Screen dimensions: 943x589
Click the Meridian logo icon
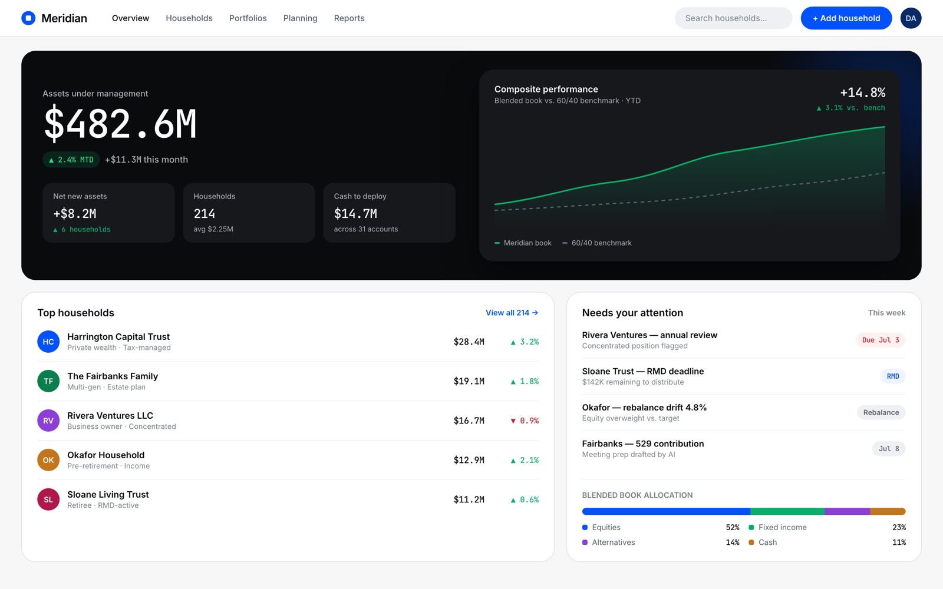[x=28, y=18]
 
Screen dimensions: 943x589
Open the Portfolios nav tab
[x=248, y=18]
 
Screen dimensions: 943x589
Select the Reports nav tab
[x=349, y=18]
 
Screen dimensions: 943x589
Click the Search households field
[x=733, y=18]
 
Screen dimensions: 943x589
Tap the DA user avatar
[x=911, y=18]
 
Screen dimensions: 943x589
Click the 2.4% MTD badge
[x=71, y=160]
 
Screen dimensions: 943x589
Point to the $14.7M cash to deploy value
[x=355, y=214]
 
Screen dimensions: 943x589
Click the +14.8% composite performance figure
[x=863, y=92]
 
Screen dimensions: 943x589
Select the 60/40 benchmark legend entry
[x=597, y=243]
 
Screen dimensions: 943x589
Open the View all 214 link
[x=512, y=313]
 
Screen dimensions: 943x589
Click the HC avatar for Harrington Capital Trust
[x=48, y=342]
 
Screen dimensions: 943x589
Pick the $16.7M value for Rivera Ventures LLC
[x=469, y=421]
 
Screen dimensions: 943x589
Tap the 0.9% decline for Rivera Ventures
[x=525, y=421]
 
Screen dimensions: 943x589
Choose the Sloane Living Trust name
[x=108, y=494]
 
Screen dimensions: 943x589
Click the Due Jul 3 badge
[x=881, y=340]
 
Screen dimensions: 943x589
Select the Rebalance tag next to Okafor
[x=881, y=412]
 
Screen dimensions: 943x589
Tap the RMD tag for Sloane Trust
[x=893, y=376]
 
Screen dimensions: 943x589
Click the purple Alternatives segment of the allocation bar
[x=847, y=512]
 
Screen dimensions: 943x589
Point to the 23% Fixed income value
[x=899, y=527]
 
